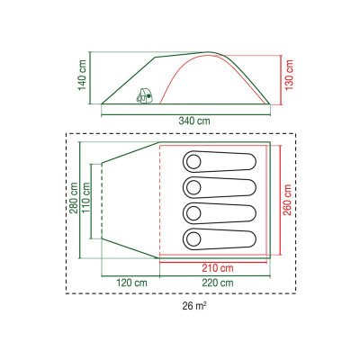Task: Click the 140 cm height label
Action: (x=82, y=75)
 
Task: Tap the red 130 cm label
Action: (x=289, y=76)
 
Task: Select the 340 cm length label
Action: (x=194, y=121)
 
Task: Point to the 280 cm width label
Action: (x=73, y=198)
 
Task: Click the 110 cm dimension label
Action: (x=86, y=198)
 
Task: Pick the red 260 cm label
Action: (x=287, y=200)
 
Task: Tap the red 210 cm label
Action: (x=218, y=268)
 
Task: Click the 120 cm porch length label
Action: (x=131, y=283)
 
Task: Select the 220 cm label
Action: (x=218, y=283)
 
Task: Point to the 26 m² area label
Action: (x=194, y=306)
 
